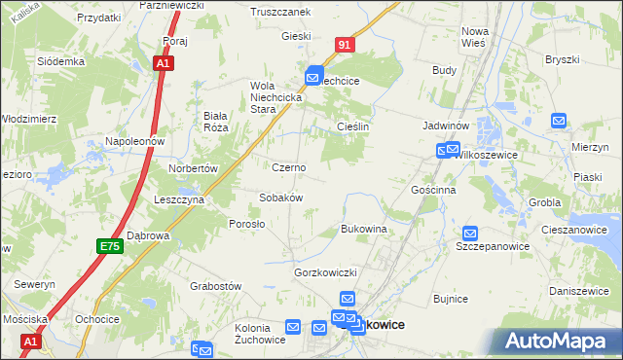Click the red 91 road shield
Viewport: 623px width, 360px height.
click(x=346, y=45)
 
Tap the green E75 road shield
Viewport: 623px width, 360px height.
click(x=110, y=248)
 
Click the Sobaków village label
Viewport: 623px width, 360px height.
click(x=281, y=198)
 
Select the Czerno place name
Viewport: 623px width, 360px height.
click(x=289, y=167)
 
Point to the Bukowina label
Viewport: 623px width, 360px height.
click(x=364, y=229)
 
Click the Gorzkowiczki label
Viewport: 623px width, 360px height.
click(x=327, y=272)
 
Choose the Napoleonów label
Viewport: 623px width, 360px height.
click(x=137, y=141)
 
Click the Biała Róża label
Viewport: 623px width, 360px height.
click(x=214, y=122)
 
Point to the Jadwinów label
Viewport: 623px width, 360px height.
click(x=448, y=126)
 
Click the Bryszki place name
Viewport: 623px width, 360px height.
click(x=563, y=59)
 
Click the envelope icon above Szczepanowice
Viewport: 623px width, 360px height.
click(x=470, y=234)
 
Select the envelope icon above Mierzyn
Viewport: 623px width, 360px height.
click(x=559, y=121)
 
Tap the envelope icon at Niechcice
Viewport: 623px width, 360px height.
click(x=314, y=74)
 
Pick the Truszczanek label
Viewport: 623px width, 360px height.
click(x=279, y=12)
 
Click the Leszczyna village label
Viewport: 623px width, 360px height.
click(x=178, y=199)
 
